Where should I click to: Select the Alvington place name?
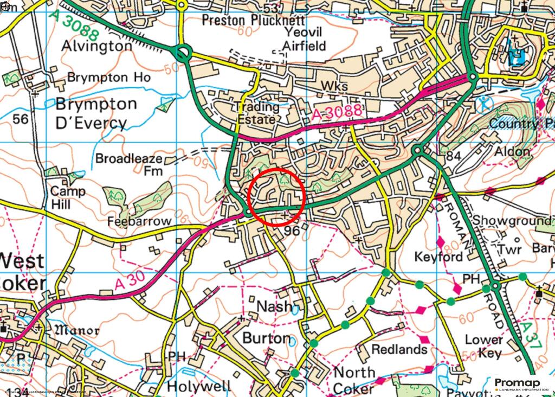[96, 46]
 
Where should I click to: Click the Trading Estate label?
[259, 113]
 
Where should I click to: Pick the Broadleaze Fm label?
[128, 164]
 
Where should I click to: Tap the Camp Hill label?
[68, 198]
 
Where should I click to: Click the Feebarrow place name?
[139, 221]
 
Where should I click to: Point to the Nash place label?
[274, 307]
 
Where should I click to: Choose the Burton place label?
[266, 338]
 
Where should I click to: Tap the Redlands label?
[399, 349]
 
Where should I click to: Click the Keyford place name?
[438, 257]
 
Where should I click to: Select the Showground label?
[511, 221]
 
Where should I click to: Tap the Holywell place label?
[199, 386]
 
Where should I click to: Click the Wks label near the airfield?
[334, 87]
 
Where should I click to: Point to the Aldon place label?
[512, 151]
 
